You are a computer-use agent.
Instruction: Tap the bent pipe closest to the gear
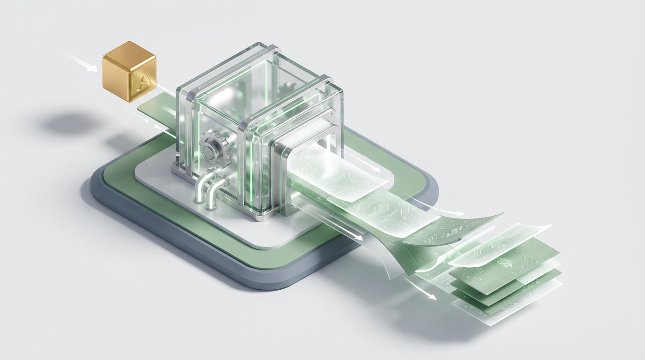pyautogui.click(x=203, y=184)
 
